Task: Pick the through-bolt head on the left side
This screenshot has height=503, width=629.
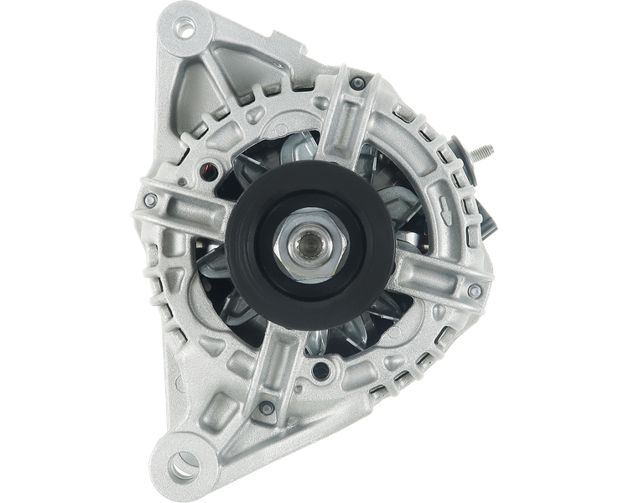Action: [x=150, y=200]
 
